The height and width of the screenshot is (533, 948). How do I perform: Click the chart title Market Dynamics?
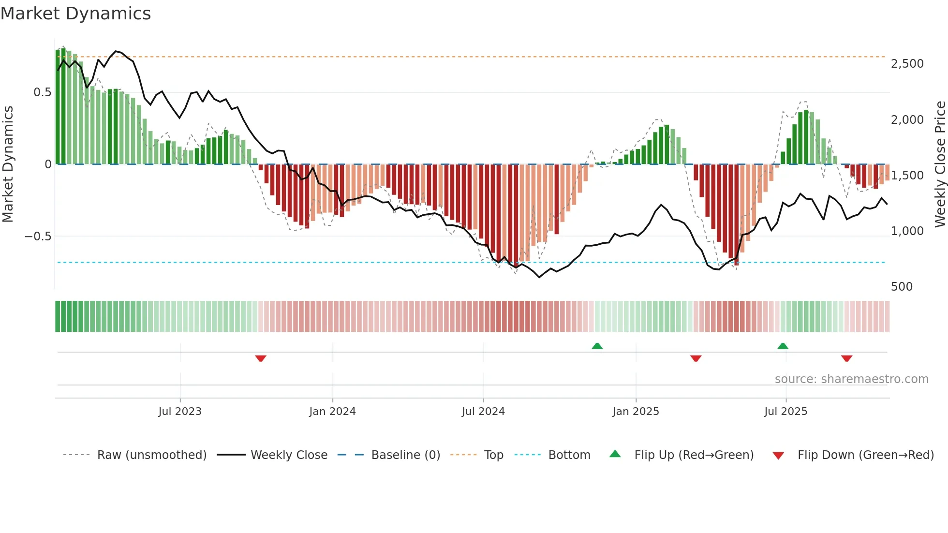[76, 14]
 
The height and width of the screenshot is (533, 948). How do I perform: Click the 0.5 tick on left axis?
[42, 92]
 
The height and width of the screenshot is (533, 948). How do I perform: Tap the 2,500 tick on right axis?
[907, 64]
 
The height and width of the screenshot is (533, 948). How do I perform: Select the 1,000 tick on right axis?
[907, 231]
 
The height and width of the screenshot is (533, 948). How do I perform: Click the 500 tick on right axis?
[902, 287]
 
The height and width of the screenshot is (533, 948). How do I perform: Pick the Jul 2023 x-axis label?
[180, 412]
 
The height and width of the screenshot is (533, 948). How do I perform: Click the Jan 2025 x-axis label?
[636, 412]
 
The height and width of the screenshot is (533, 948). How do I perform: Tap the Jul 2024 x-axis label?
[483, 412]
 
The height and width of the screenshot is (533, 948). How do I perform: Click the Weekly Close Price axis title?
[940, 164]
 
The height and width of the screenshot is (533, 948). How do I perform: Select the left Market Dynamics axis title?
[8, 164]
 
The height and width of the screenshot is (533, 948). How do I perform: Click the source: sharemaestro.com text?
[851, 379]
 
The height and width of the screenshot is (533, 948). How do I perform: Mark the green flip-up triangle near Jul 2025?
[783, 346]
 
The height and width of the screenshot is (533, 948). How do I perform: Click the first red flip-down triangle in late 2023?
[261, 358]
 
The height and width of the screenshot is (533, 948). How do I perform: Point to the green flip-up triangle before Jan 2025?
[597, 346]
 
